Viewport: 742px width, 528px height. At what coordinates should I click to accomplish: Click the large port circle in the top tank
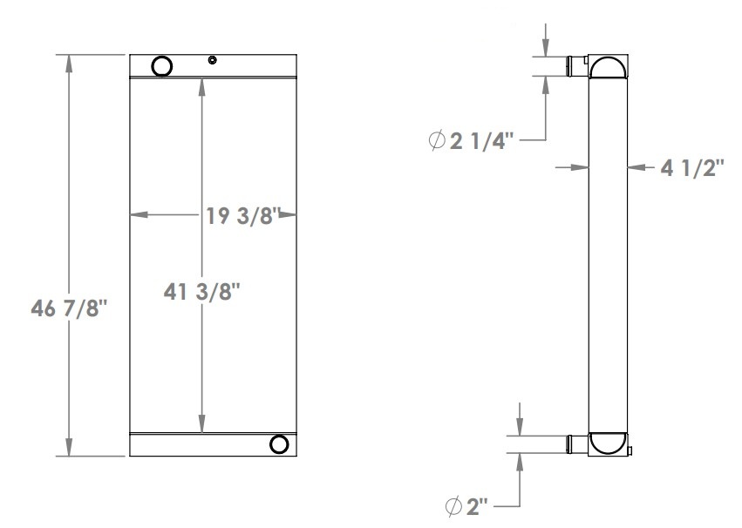(x=162, y=65)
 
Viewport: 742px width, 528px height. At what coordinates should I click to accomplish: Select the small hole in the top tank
(x=212, y=60)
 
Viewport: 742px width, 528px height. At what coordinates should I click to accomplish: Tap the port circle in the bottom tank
(x=279, y=444)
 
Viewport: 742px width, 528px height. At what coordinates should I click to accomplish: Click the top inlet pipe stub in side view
(x=577, y=65)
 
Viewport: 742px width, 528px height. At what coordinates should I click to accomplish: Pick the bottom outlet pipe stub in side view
(x=577, y=443)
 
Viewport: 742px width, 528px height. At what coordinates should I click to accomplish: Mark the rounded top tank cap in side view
(x=608, y=66)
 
